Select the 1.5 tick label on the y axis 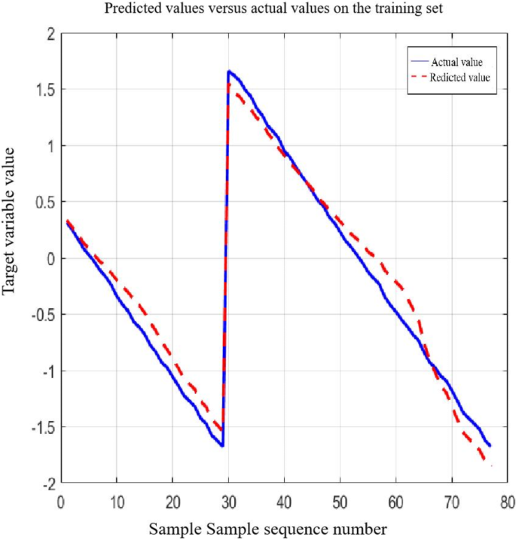click(44, 90)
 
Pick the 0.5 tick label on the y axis click(44, 202)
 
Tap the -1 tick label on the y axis click(47, 371)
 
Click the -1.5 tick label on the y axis click(41, 427)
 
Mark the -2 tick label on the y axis click(47, 483)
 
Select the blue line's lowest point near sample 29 click(223, 446)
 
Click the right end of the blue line click(490, 445)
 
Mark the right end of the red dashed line click(491, 466)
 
